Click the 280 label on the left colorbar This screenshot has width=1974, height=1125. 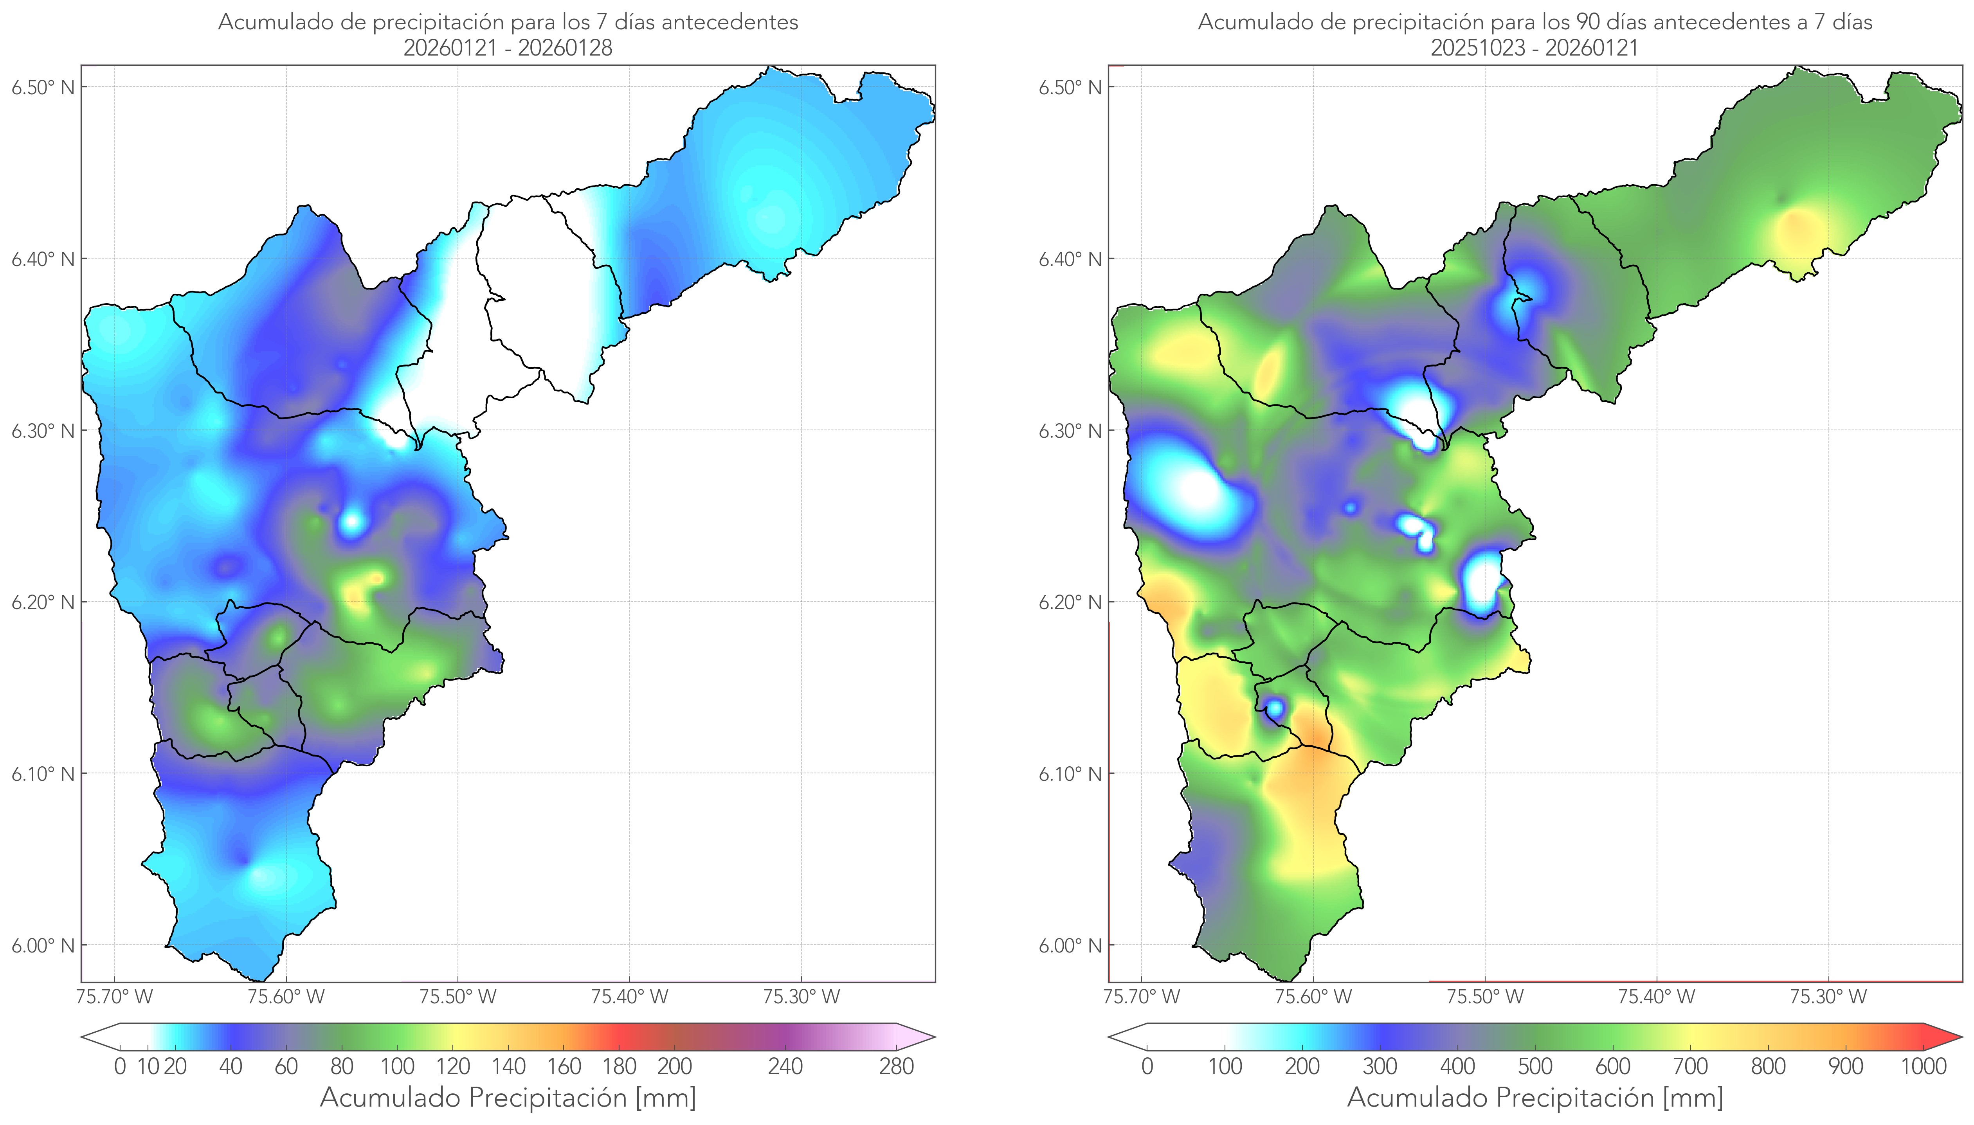click(x=897, y=1067)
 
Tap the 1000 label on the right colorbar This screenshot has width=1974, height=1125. click(x=1923, y=1067)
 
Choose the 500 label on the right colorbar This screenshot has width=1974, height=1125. click(x=1535, y=1067)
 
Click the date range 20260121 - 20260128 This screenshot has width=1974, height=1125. click(x=508, y=48)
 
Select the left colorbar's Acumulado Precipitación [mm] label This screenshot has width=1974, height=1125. click(x=508, y=1098)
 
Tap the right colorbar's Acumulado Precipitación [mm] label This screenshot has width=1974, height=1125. click(x=1535, y=1098)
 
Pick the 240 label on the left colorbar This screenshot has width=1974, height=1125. click(x=785, y=1067)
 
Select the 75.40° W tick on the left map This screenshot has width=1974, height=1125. click(x=629, y=997)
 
